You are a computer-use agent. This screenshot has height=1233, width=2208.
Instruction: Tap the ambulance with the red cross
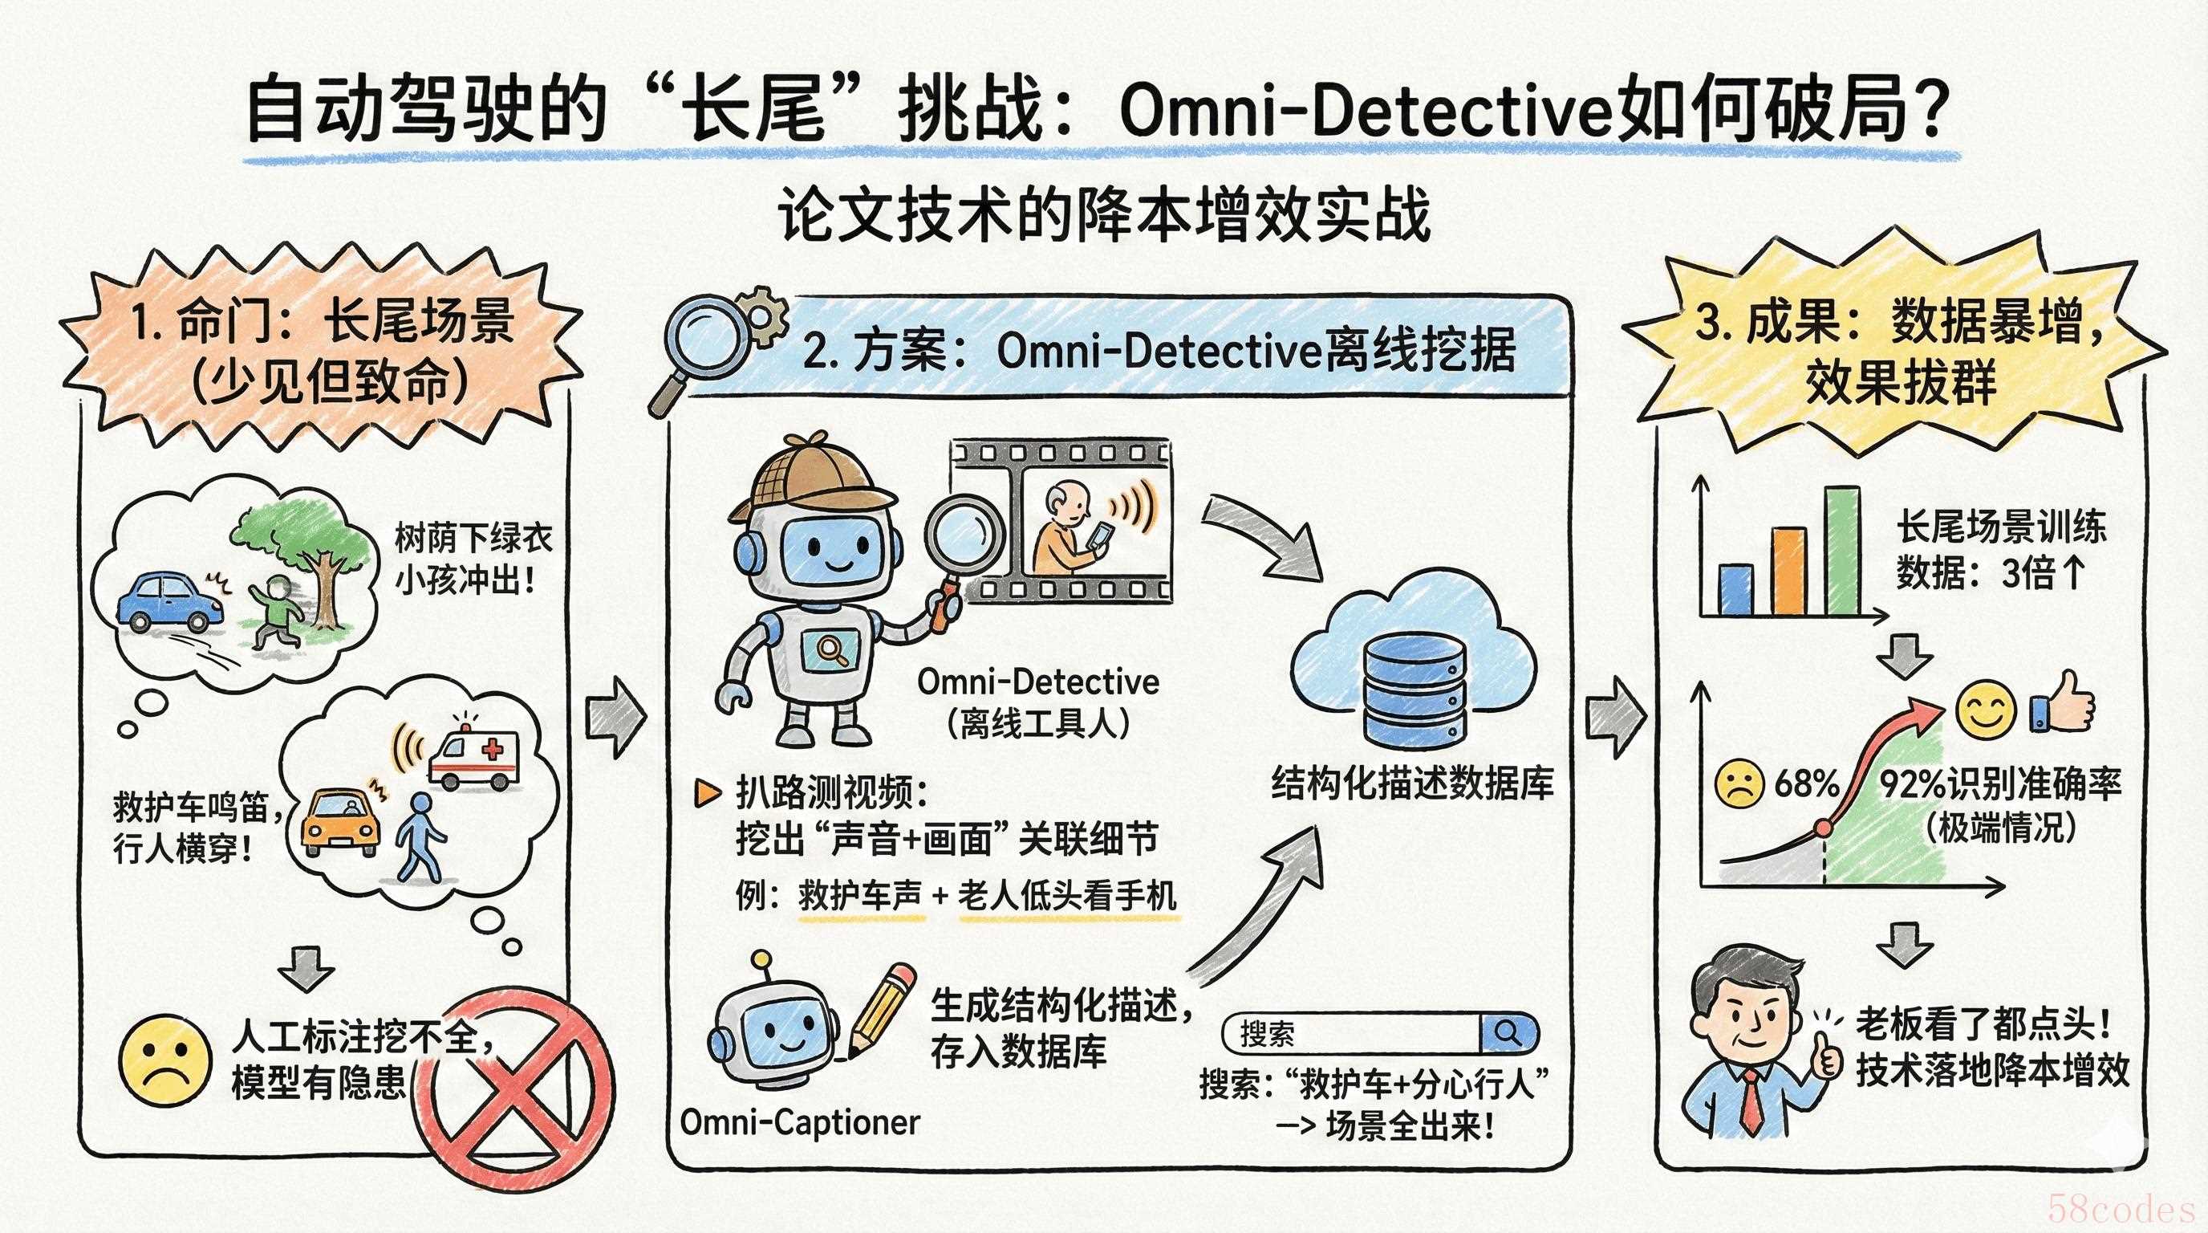click(x=474, y=758)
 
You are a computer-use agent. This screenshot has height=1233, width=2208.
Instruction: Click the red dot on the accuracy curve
click(x=1824, y=828)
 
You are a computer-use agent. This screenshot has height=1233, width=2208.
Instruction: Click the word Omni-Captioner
click(x=800, y=1121)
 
